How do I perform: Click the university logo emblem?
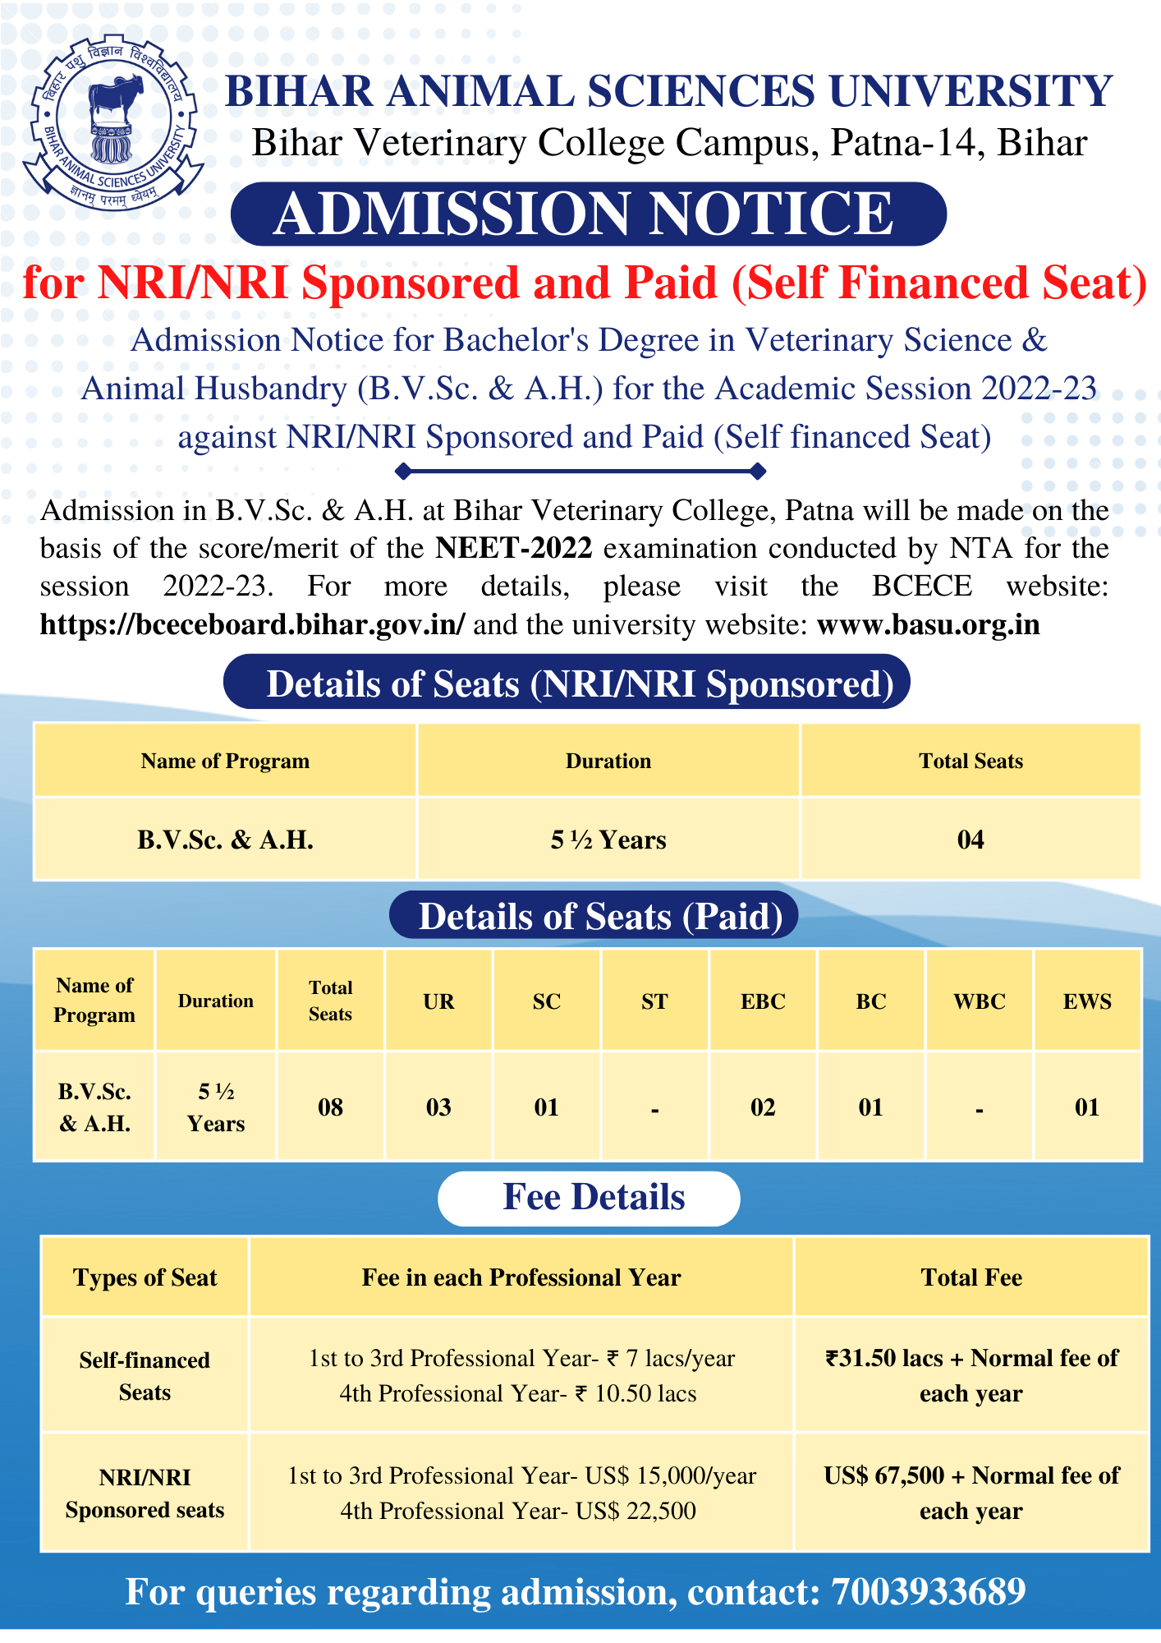[x=112, y=122]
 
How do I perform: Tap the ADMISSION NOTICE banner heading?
[x=588, y=214]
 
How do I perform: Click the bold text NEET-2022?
[x=513, y=548]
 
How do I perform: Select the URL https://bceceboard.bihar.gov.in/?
[x=252, y=625]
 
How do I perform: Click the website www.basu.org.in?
[x=929, y=625]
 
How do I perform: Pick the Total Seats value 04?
[x=970, y=840]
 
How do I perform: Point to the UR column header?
[x=438, y=1001]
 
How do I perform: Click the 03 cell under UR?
[x=438, y=1107]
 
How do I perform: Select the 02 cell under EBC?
[x=763, y=1107]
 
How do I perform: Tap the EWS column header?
[x=1087, y=1001]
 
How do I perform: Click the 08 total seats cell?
[x=330, y=1107]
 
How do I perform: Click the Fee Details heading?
[x=593, y=1198]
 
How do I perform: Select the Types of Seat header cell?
[x=145, y=1277]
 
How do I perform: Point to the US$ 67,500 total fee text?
[x=884, y=1476]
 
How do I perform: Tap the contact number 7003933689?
[x=929, y=1592]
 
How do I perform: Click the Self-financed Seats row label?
[x=145, y=1376]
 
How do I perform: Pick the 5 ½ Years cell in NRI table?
[x=608, y=840]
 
